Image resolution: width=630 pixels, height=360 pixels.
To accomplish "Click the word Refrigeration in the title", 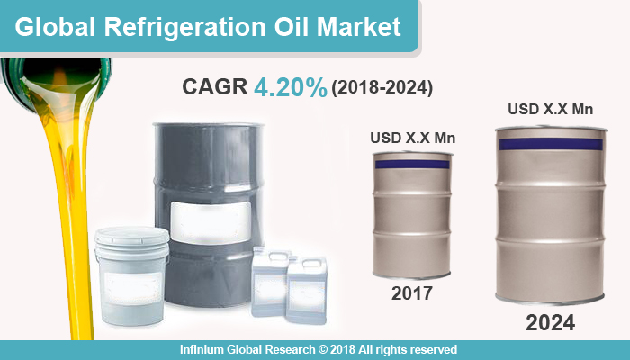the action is pyautogui.click(x=184, y=28).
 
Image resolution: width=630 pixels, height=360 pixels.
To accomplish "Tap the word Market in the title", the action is pyautogui.click(x=359, y=26).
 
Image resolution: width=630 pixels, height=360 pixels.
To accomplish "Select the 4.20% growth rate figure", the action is pyautogui.click(x=291, y=87).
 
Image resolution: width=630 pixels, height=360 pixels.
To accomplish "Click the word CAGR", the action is pyautogui.click(x=214, y=86).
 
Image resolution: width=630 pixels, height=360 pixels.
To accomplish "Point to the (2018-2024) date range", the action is pyautogui.click(x=382, y=88).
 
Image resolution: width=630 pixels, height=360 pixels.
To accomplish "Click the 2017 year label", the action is pyautogui.click(x=412, y=293).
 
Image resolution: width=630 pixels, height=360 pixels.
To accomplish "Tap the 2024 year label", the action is pyautogui.click(x=551, y=322).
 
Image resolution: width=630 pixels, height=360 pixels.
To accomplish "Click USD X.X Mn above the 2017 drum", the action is pyautogui.click(x=412, y=138).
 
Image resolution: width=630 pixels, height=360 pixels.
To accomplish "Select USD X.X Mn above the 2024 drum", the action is pyautogui.click(x=551, y=109).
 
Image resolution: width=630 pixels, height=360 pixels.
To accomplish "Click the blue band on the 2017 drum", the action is pyautogui.click(x=412, y=165).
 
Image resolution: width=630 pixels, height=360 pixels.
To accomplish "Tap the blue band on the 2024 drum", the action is pyautogui.click(x=551, y=144).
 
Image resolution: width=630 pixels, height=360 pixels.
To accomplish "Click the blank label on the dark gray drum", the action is pyautogui.click(x=211, y=222).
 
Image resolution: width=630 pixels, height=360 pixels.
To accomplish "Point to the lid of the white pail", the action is pyautogui.click(x=132, y=236).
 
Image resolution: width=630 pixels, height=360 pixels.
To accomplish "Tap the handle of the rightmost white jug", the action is pyautogui.click(x=312, y=264).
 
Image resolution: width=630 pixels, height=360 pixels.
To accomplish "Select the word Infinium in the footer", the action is pyautogui.click(x=202, y=349).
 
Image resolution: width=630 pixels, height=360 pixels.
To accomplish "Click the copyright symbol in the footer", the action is pyautogui.click(x=323, y=349).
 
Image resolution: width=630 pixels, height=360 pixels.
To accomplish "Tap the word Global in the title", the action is pyautogui.click(x=55, y=27).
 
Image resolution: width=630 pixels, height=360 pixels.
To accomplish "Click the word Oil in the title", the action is pyautogui.click(x=292, y=27).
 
